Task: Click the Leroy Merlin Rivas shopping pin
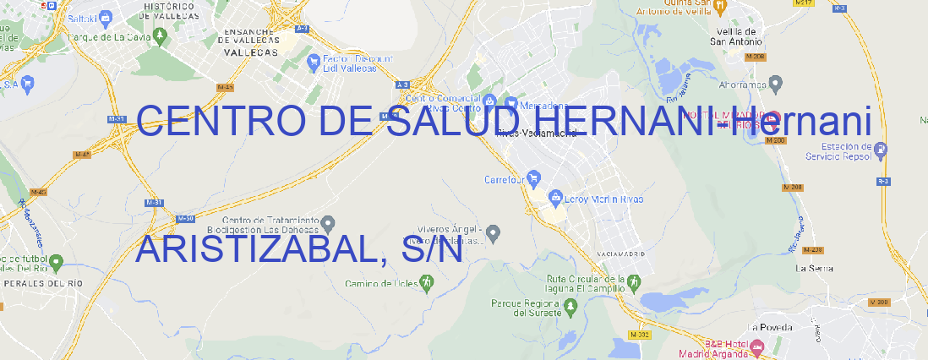(555, 199)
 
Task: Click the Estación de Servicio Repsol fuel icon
(882, 150)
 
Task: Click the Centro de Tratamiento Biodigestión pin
(328, 223)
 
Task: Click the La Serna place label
(815, 268)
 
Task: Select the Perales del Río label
(32, 283)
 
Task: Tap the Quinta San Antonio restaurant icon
(719, 7)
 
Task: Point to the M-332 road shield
(641, 334)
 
